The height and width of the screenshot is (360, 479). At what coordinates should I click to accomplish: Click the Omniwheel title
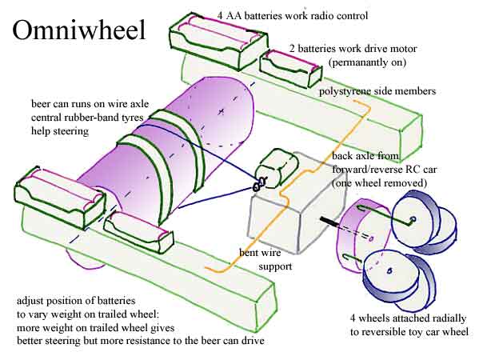[x=79, y=30]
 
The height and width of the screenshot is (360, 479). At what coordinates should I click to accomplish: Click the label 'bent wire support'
[x=265, y=259]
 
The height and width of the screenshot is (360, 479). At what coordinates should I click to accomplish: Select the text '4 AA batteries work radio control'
[x=293, y=15]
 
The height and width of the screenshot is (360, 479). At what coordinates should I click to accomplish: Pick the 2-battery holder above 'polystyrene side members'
[x=290, y=69]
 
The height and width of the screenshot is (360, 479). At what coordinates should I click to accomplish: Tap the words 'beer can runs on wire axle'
[x=90, y=104]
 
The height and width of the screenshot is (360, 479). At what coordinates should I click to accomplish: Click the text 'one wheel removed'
[x=380, y=182]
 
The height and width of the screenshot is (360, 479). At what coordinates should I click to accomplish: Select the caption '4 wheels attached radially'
[x=408, y=318]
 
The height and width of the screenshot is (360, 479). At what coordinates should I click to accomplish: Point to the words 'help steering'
[x=60, y=131]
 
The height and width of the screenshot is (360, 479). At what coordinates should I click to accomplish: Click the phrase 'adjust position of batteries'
[x=76, y=301]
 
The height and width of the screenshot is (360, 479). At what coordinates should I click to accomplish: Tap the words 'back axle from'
[x=365, y=156]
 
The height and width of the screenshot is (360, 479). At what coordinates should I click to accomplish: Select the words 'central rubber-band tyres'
[x=87, y=118]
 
